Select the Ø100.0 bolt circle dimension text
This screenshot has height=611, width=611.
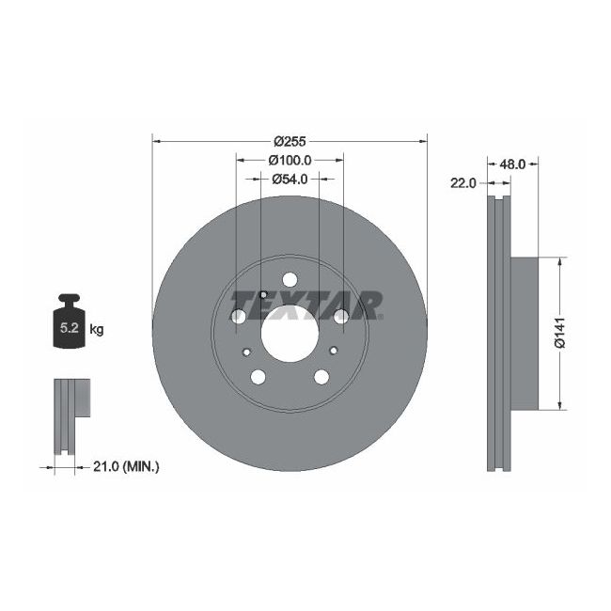point(290,160)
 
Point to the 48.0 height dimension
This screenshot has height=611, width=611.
point(511,164)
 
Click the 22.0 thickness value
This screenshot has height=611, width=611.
point(464,183)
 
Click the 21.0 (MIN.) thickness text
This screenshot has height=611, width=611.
point(129,465)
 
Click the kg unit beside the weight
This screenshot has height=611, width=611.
point(96,330)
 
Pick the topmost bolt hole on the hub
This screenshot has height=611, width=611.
point(290,280)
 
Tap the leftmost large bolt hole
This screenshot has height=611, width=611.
point(239,317)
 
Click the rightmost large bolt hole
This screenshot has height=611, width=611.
point(340,317)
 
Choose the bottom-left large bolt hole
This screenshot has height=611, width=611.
point(258,377)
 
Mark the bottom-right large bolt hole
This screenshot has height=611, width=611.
point(321,377)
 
